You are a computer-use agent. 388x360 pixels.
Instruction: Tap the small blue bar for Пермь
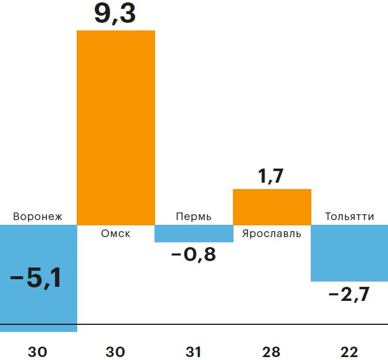[x=194, y=234]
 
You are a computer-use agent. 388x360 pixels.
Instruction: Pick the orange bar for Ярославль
[x=272, y=207]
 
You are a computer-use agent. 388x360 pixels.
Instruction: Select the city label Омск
[x=115, y=234]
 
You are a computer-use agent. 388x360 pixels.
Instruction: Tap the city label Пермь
[x=194, y=217]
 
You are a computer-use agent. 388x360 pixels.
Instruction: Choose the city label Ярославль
[x=272, y=234]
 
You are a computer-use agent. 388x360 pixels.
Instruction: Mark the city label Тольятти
[x=349, y=217]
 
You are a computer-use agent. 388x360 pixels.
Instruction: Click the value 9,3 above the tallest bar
[x=115, y=14]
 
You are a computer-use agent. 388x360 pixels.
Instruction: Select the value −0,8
[x=194, y=255]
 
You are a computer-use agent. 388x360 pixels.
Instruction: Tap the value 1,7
[x=271, y=176]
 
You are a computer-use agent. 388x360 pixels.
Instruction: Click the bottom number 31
[x=194, y=352]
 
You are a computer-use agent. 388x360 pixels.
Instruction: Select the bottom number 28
[x=272, y=352]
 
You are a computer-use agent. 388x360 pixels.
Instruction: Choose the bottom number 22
[x=349, y=352]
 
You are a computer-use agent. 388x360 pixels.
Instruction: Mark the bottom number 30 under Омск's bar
[x=115, y=352]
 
